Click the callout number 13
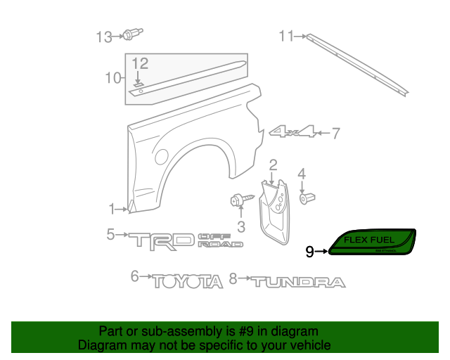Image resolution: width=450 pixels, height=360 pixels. pyautogui.click(x=104, y=36)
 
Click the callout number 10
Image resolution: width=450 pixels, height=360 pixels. pyautogui.click(x=113, y=78)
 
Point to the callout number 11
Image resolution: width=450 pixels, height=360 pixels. pyautogui.click(x=287, y=36)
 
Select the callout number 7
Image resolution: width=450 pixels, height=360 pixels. pyautogui.click(x=335, y=132)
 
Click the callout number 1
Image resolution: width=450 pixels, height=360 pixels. pyautogui.click(x=112, y=209)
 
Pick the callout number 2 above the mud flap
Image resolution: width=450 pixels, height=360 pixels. pyautogui.click(x=273, y=165)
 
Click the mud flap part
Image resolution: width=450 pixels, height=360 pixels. pyautogui.click(x=276, y=209)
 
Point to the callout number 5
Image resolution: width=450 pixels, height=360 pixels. pyautogui.click(x=111, y=234)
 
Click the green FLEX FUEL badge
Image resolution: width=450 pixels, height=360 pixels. pyautogui.click(x=373, y=243)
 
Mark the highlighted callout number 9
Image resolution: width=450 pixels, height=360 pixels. pyautogui.click(x=310, y=251)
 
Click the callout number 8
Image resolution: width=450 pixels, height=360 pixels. pyautogui.click(x=233, y=278)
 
